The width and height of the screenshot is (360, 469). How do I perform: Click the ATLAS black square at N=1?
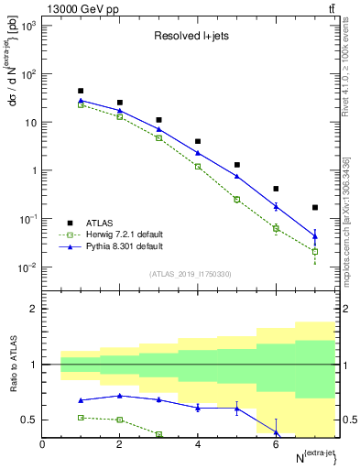[81, 92]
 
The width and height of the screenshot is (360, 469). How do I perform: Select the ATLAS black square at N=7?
[315, 208]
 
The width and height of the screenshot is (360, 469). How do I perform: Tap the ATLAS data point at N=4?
[198, 142]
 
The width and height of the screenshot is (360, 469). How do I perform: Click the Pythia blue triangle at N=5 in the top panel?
[237, 176]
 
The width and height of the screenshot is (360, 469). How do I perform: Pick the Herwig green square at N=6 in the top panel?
[276, 228]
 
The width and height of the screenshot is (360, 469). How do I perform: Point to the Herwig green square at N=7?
[315, 251]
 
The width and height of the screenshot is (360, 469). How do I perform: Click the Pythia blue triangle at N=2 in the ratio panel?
[120, 396]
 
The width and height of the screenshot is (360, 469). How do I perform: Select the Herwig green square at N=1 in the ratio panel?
[81, 418]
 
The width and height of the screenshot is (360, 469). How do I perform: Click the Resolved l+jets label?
[185, 37]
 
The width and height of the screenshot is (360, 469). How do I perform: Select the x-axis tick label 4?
[198, 444]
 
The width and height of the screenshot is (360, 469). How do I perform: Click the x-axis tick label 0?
[42, 444]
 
